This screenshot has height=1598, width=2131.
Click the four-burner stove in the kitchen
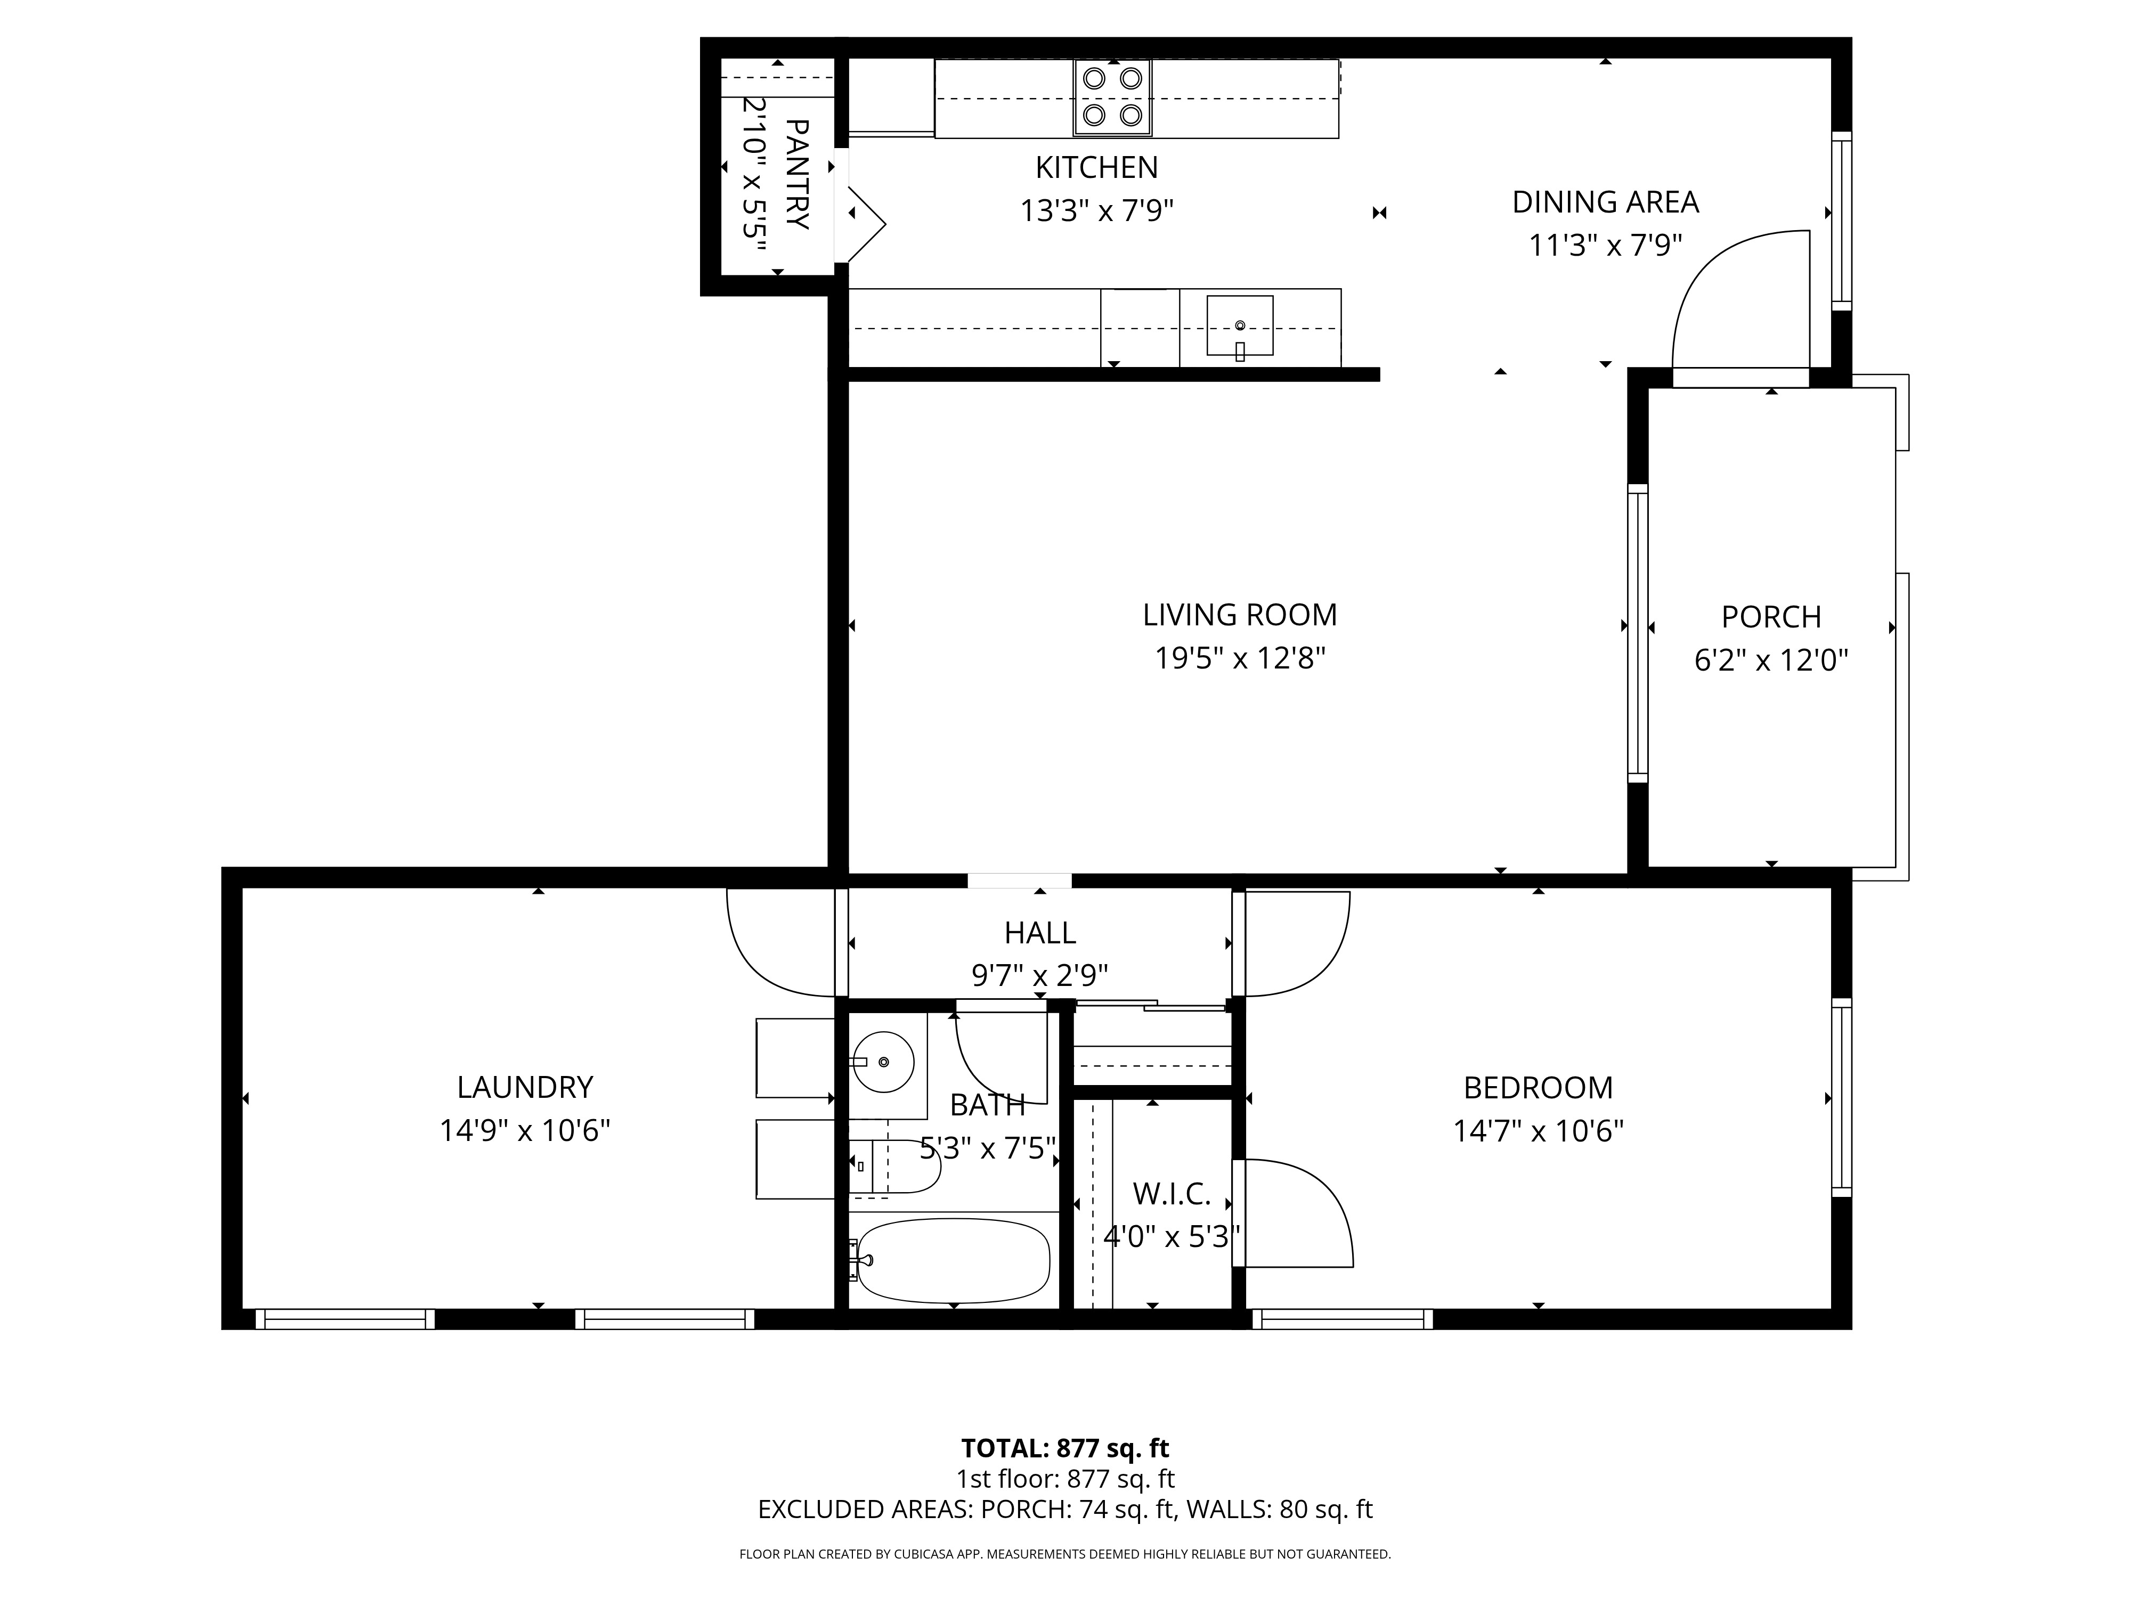1113,97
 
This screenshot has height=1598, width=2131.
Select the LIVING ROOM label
1240,615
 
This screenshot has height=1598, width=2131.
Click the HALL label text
1039,932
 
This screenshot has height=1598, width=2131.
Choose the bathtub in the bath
952,1259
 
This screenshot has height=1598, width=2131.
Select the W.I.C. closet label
1172,1194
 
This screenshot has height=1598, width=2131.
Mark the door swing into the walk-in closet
1296,1213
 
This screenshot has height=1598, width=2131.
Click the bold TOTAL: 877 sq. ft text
1064,1448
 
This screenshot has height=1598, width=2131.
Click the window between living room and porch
1637,633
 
